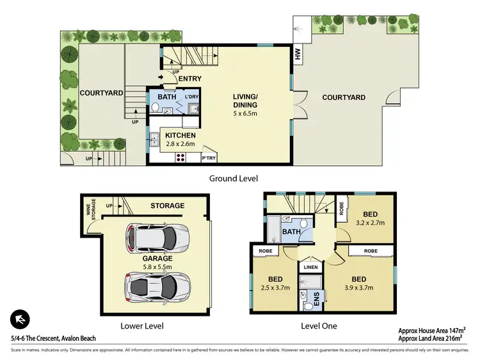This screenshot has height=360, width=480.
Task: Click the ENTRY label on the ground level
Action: [x=190, y=79]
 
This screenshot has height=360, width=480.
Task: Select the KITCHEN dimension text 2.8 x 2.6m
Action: [x=180, y=145]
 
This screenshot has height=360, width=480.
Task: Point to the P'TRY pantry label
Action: [x=209, y=158]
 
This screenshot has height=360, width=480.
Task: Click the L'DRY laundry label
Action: [x=191, y=97]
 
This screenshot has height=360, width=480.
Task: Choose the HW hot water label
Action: [x=298, y=56]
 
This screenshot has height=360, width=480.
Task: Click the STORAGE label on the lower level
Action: [x=167, y=206]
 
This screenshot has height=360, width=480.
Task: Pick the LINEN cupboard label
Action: [x=310, y=267]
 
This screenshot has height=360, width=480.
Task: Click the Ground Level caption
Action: [x=234, y=178]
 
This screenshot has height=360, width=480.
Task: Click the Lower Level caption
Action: [x=142, y=326]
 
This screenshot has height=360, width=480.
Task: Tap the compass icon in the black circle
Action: [x=20, y=319]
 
